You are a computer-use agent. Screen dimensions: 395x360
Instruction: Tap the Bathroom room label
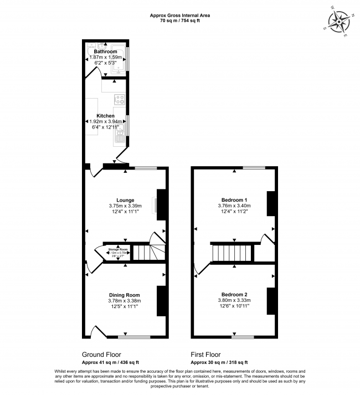[x=105, y=52]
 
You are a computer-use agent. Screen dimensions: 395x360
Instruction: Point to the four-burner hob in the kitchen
[x=119, y=100]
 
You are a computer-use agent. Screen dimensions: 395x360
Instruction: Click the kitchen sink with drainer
[x=120, y=135]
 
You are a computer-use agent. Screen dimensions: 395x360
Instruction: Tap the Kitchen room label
[x=105, y=116]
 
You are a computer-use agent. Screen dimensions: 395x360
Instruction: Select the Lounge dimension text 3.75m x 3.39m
[x=125, y=206]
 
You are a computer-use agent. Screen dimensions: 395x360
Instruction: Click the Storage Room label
[x=118, y=250]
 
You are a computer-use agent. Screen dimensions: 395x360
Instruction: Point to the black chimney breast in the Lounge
[x=162, y=201]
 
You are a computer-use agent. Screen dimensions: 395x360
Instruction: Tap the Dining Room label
[x=125, y=295]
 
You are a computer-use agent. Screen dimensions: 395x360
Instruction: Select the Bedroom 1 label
[x=234, y=199]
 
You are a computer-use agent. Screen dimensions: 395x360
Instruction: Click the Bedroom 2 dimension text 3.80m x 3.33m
[x=234, y=300]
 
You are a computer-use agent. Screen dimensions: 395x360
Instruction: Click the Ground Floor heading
[x=101, y=355]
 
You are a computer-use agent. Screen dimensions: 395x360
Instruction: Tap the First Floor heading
[x=205, y=355]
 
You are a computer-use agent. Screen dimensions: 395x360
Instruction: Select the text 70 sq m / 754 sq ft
[x=180, y=20]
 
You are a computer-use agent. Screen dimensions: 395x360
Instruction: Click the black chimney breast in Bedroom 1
[x=271, y=203]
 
